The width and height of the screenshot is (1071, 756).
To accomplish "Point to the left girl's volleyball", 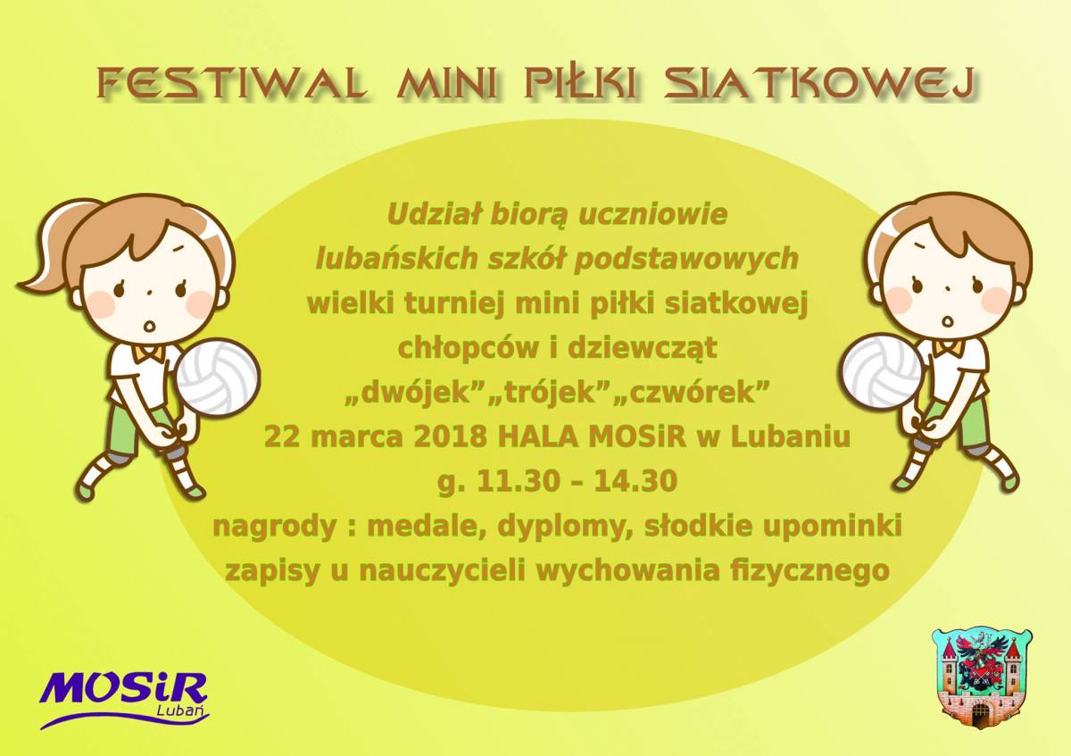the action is tap(218, 378).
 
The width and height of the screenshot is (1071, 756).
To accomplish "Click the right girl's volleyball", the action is tap(883, 371).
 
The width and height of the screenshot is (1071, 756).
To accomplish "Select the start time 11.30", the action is tap(519, 480).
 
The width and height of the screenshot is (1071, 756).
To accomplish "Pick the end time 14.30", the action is tap(635, 480).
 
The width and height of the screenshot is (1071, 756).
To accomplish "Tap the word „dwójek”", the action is tap(412, 392).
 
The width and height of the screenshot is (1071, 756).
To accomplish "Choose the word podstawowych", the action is tap(687, 259).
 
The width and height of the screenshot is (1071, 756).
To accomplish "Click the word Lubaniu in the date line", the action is tap(791, 436).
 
